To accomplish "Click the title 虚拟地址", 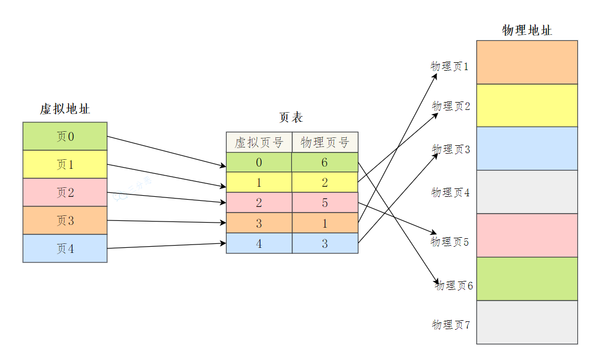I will [x=65, y=109].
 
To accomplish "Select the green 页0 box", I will [x=65, y=136].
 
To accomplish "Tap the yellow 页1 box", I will [x=65, y=164].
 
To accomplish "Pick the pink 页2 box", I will [x=65, y=192].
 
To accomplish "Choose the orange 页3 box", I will [x=65, y=220].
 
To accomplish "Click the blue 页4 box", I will [x=65, y=248].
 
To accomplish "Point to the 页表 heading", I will [x=291, y=117].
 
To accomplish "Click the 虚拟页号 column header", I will [x=259, y=142].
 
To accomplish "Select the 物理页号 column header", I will [x=325, y=142].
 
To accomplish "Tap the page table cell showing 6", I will [x=325, y=163].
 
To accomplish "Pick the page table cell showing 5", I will [x=325, y=203].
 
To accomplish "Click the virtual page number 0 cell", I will [x=259, y=163].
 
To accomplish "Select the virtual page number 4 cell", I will [x=259, y=243].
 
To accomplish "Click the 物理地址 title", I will [x=527, y=30].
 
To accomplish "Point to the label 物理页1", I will [x=449, y=66].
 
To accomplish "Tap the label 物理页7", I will [x=451, y=325].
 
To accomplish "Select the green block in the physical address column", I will [x=527, y=279].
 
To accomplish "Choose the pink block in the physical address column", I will [x=527, y=235].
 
